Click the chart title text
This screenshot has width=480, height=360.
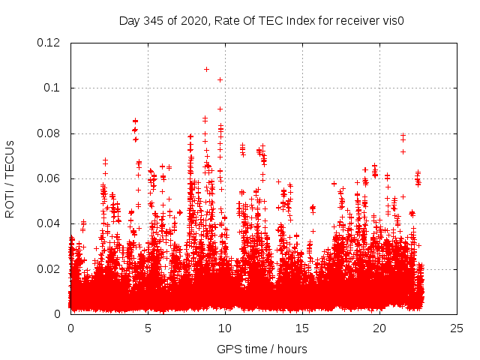(x=262, y=21)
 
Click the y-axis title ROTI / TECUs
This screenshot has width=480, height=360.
(x=10, y=178)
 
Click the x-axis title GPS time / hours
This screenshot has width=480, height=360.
(x=262, y=349)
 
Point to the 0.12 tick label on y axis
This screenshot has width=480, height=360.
(x=49, y=43)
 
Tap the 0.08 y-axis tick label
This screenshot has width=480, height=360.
(x=49, y=133)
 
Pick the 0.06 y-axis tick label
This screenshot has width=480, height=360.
(x=49, y=178)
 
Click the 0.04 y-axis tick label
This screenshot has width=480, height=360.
(x=49, y=223)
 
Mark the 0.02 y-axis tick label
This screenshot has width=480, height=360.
(x=49, y=269)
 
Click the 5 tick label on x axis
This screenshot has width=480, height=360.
(x=148, y=328)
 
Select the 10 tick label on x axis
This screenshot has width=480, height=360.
(x=225, y=328)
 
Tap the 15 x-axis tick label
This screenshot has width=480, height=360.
(x=302, y=328)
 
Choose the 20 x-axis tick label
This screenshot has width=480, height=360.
(x=379, y=328)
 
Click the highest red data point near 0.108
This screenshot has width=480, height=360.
(x=206, y=69)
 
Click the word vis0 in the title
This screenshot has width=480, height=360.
(x=394, y=21)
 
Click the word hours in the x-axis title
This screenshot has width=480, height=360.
(x=291, y=349)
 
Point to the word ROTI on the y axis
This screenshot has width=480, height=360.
(x=10, y=203)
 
